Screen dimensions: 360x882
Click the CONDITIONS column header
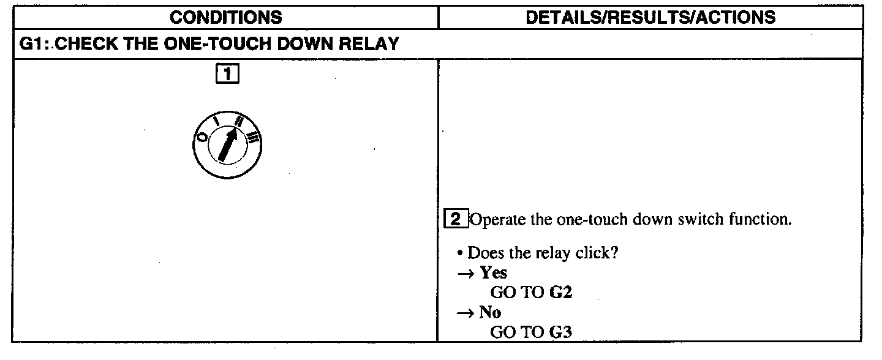click(x=226, y=17)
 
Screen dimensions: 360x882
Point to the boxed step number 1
click(x=227, y=75)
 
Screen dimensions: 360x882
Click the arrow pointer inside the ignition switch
click(x=227, y=144)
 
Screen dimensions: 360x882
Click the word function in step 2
click(x=761, y=219)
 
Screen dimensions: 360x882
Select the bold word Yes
click(x=494, y=272)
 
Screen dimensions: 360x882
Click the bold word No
click(x=490, y=312)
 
